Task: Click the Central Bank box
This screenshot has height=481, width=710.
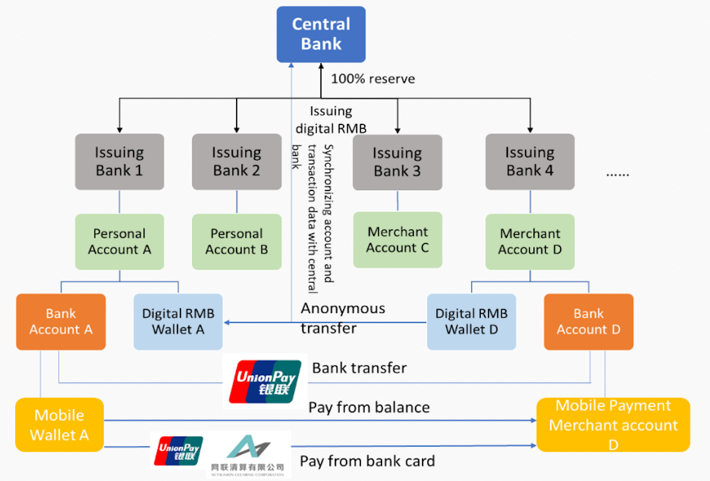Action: (321, 34)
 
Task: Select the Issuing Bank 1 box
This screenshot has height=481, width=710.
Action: (119, 161)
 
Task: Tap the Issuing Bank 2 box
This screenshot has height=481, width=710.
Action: (237, 161)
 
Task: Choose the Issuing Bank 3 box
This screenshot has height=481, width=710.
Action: (397, 162)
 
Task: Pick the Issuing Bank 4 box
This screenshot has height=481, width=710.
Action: (530, 161)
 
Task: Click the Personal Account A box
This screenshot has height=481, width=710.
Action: (119, 241)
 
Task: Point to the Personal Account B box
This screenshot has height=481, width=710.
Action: (237, 241)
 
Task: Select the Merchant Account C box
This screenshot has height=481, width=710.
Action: (397, 240)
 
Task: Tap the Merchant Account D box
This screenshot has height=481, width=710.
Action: (530, 241)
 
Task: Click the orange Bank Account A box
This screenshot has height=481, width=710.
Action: (61, 322)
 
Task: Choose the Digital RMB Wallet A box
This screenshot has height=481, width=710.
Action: (178, 322)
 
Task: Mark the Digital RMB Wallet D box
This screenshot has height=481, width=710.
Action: (471, 322)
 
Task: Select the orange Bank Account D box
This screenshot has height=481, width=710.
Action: (588, 322)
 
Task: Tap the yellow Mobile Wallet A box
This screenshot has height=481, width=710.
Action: (60, 425)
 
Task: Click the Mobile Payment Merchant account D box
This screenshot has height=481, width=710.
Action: (613, 425)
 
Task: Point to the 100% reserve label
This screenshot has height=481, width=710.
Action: (373, 79)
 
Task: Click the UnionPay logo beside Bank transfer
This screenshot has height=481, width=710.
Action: (265, 381)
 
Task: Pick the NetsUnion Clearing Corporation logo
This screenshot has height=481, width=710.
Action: (248, 454)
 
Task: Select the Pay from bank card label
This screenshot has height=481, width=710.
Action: (367, 461)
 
